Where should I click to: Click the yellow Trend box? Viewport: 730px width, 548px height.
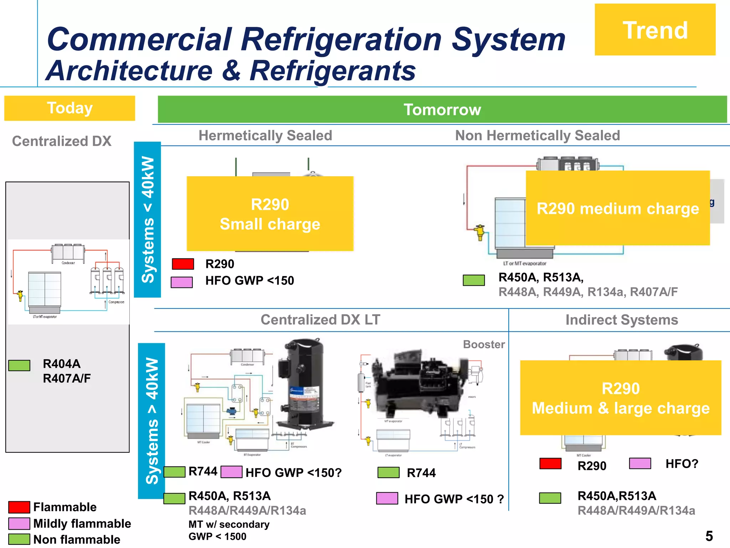(655, 30)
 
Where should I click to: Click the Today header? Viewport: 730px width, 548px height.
(70, 108)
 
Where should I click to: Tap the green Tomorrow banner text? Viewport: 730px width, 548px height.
(442, 110)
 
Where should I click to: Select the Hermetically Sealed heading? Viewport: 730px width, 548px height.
(265, 136)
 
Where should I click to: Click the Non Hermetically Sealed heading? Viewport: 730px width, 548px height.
(538, 136)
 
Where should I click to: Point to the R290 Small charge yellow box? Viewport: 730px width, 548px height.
(270, 214)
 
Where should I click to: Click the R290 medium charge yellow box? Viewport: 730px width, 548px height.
(617, 208)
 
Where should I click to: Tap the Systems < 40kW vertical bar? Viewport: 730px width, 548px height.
(148, 219)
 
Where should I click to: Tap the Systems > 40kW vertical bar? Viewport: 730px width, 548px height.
(151, 421)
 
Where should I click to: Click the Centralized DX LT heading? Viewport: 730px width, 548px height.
(320, 320)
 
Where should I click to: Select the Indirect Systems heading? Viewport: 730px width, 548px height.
(622, 320)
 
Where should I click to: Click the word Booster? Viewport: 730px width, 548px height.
(484, 344)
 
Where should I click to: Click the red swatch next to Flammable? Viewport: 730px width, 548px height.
(19, 507)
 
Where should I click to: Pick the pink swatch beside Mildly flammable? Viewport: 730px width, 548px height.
(19, 523)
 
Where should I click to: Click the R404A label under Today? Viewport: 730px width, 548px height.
(62, 364)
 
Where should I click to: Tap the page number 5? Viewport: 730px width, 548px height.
(709, 536)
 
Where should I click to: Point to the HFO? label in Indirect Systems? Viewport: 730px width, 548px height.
(682, 464)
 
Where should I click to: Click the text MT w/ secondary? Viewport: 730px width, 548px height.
(229, 524)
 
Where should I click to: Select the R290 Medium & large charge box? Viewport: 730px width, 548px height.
(620, 398)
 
